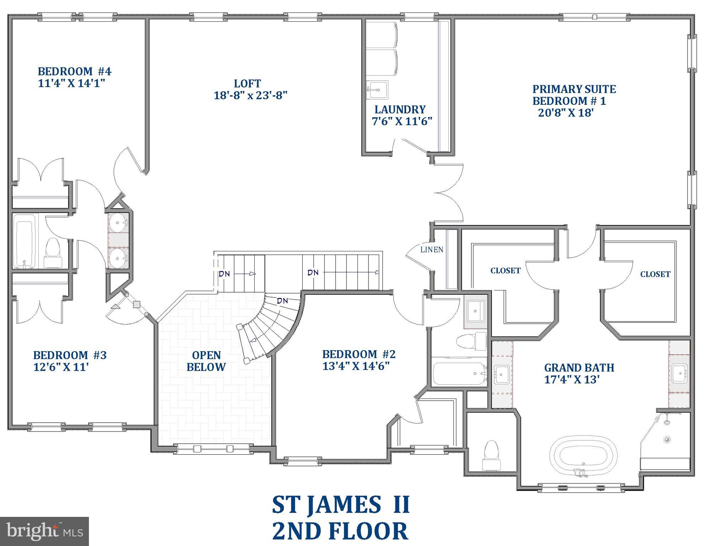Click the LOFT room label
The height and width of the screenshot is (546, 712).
click(x=248, y=84)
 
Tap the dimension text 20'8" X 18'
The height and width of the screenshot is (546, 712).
click(x=566, y=113)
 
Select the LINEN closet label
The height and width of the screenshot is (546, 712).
click(x=431, y=250)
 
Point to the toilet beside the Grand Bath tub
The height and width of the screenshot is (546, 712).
click(x=492, y=455)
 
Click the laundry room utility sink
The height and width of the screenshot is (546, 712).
click(x=377, y=89)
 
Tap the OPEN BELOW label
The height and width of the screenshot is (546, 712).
click(x=206, y=361)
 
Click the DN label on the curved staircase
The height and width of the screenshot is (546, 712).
click(x=282, y=301)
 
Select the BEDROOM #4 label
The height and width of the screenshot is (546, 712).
click(x=74, y=71)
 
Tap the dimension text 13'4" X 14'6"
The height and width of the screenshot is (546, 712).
click(x=356, y=366)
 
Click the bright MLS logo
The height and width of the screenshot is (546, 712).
click(x=44, y=531)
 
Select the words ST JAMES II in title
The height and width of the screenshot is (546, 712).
click(x=341, y=505)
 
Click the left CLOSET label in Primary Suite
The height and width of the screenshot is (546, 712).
click(x=505, y=271)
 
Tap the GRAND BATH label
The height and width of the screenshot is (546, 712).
click(x=579, y=368)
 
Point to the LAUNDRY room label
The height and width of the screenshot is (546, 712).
click(x=400, y=109)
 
